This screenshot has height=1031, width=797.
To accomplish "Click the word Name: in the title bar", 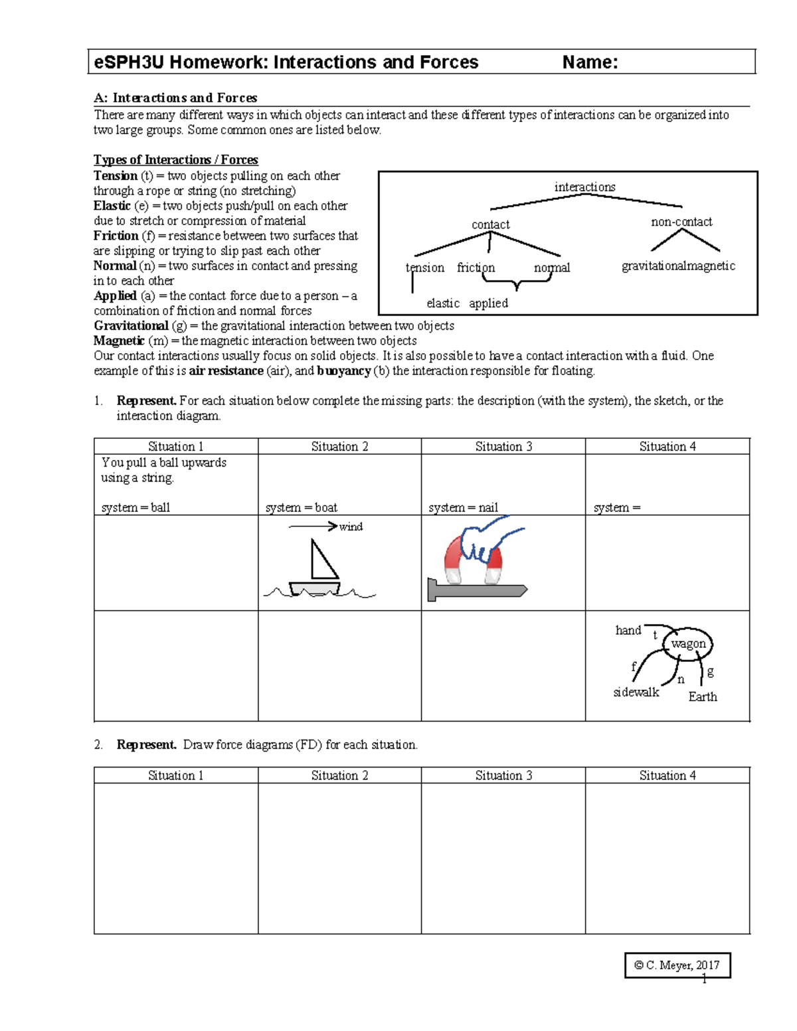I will tap(590, 62).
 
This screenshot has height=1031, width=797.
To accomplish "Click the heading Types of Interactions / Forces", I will tap(175, 160).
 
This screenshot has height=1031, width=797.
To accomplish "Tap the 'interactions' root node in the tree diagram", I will tap(584, 187).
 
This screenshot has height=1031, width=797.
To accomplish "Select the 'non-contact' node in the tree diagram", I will tap(681, 222).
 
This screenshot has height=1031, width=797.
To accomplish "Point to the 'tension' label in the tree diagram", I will tap(424, 268).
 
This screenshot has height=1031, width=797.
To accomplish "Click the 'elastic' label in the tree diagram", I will tap(442, 303).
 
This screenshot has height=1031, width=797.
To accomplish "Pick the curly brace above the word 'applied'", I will tap(517, 284).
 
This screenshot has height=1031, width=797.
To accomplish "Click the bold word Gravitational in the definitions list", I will tap(131, 326).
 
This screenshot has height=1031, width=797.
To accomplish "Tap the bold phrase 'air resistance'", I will tap(226, 371).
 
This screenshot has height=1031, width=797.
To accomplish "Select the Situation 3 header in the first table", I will tap(503, 447).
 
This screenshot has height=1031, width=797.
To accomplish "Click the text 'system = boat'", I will tap(301, 508).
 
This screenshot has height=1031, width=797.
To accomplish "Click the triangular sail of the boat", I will tap(323, 561).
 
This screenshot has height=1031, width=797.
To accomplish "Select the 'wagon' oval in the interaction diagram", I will tap(688, 644).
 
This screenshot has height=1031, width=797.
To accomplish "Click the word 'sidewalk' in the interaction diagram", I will tap(636, 692).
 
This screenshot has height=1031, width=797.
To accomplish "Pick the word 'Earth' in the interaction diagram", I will tap(702, 697).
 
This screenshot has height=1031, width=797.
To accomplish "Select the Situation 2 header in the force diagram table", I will tap(339, 775).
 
